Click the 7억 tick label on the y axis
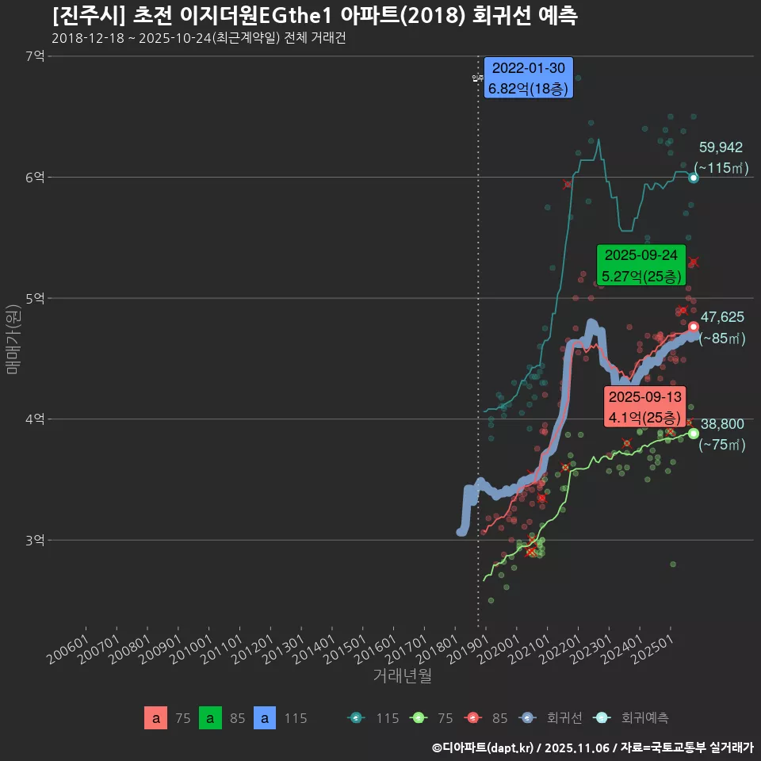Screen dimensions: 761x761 [35, 56]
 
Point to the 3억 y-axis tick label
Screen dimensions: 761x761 [35, 541]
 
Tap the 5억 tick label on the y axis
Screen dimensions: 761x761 [35, 299]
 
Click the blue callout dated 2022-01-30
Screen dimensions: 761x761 [528, 78]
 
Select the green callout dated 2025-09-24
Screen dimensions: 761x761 [641, 266]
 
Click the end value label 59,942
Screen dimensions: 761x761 [721, 147]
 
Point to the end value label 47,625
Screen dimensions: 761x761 [722, 317]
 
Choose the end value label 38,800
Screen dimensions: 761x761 [722, 424]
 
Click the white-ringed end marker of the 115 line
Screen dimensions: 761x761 [694, 178]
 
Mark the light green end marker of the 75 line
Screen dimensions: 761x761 [694, 434]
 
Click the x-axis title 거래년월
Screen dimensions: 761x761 [402, 676]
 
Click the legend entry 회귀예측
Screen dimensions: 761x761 [644, 718]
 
